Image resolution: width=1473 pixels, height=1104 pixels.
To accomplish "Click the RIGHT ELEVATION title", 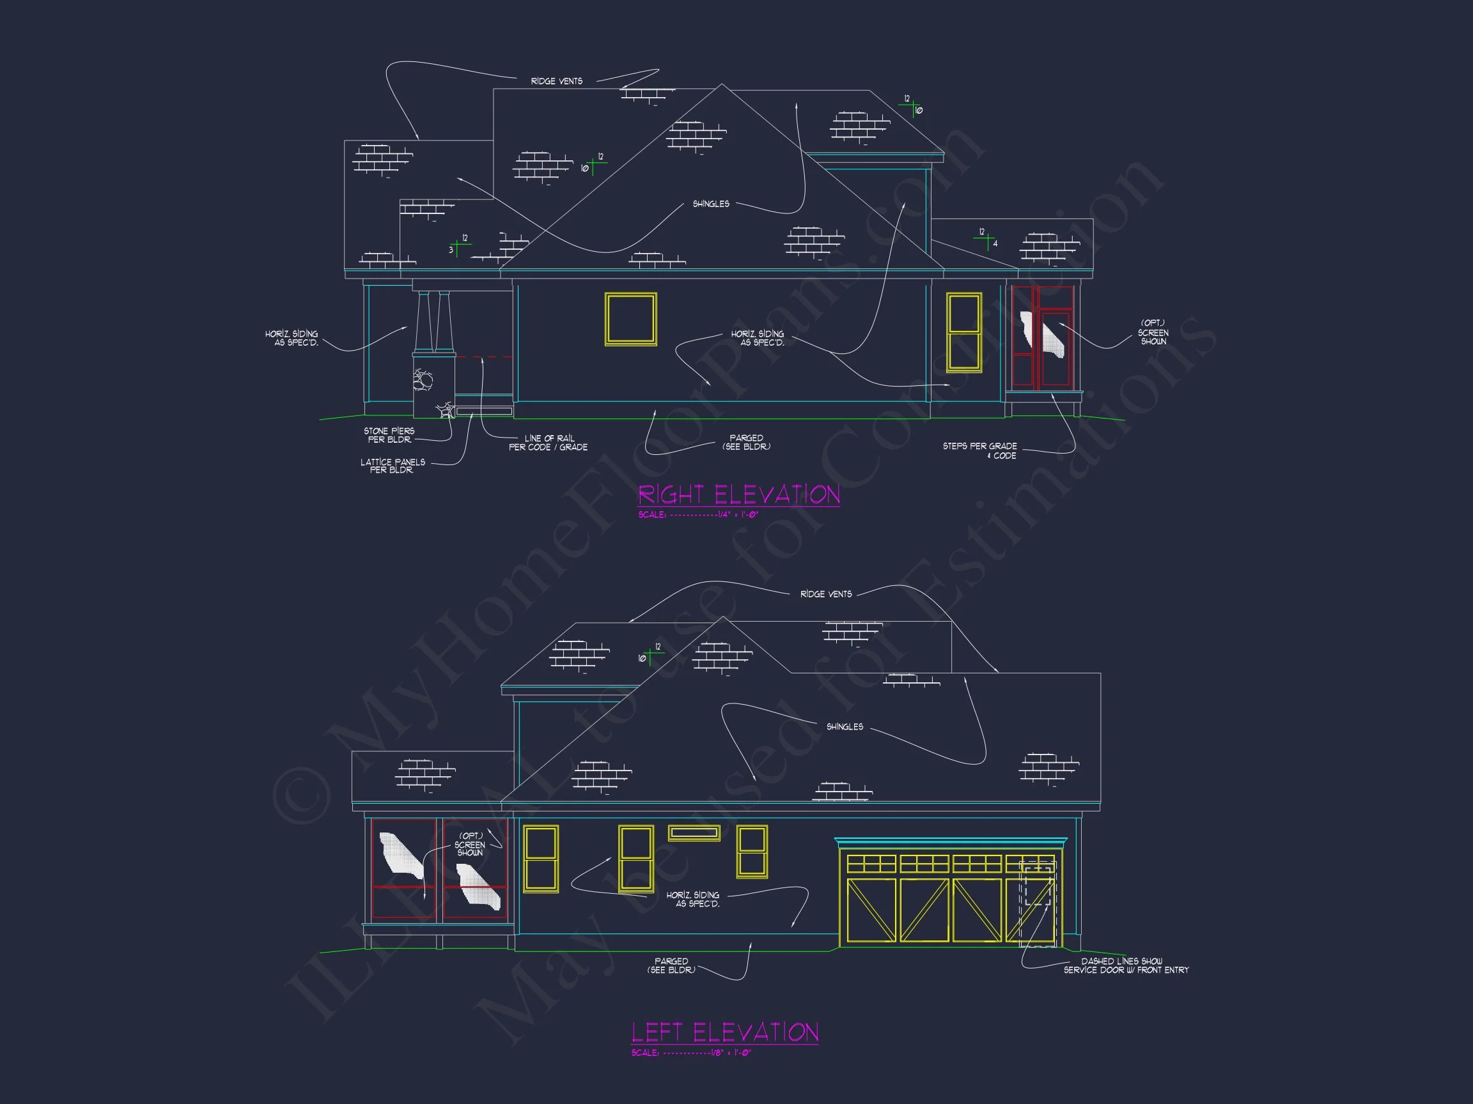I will pos(738,494).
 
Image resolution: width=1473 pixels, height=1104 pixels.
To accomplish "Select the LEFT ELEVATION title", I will pos(724,1032).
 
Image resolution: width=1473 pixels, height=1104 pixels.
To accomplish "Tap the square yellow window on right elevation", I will pos(630,319).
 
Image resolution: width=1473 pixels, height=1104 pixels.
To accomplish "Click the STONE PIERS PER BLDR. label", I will pos(389,435).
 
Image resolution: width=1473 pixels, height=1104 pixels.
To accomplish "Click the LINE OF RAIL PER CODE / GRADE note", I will pos(548,443).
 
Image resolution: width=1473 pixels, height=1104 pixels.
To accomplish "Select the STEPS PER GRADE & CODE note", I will pos(979,450).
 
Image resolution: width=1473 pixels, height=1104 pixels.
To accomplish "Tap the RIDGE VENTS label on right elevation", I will pos(557,81).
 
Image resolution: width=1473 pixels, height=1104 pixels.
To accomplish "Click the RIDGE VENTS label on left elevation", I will pos(826,594).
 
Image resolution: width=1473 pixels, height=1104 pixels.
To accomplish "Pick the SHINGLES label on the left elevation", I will pos(845,726).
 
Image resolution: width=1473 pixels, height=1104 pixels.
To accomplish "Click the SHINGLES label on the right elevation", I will pos(710,204).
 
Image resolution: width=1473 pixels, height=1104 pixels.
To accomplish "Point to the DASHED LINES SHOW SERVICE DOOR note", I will pos(1125,965).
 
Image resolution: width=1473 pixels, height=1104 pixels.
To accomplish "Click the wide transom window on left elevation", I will pos(694,832).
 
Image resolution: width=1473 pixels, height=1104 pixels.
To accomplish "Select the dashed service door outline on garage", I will pos(1038,884).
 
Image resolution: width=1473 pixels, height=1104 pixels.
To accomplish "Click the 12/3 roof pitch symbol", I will pos(459,245).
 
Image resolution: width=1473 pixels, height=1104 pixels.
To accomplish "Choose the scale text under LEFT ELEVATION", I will pos(690,1053).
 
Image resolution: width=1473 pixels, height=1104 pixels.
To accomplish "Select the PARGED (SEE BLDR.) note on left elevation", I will pos(671,965).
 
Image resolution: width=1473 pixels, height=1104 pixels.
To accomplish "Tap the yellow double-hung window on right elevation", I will pos(963,332).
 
